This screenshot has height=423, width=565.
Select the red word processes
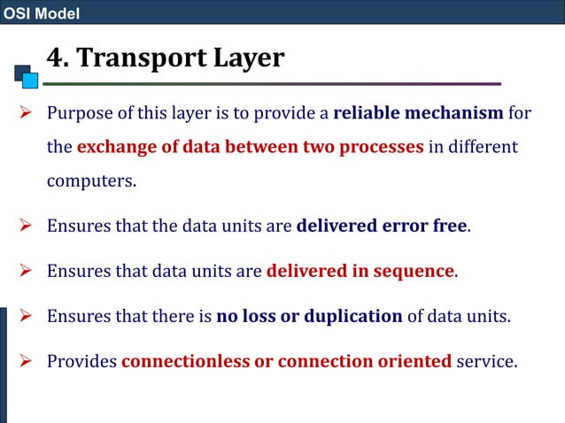pyautogui.click(x=378, y=146)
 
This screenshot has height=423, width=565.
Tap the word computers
pyautogui.click(x=91, y=181)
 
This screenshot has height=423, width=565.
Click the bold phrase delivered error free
pyautogui.click(x=381, y=225)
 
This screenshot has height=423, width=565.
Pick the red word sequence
pyautogui.click(x=409, y=271)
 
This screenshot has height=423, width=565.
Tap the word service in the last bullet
pyautogui.click(x=486, y=361)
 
